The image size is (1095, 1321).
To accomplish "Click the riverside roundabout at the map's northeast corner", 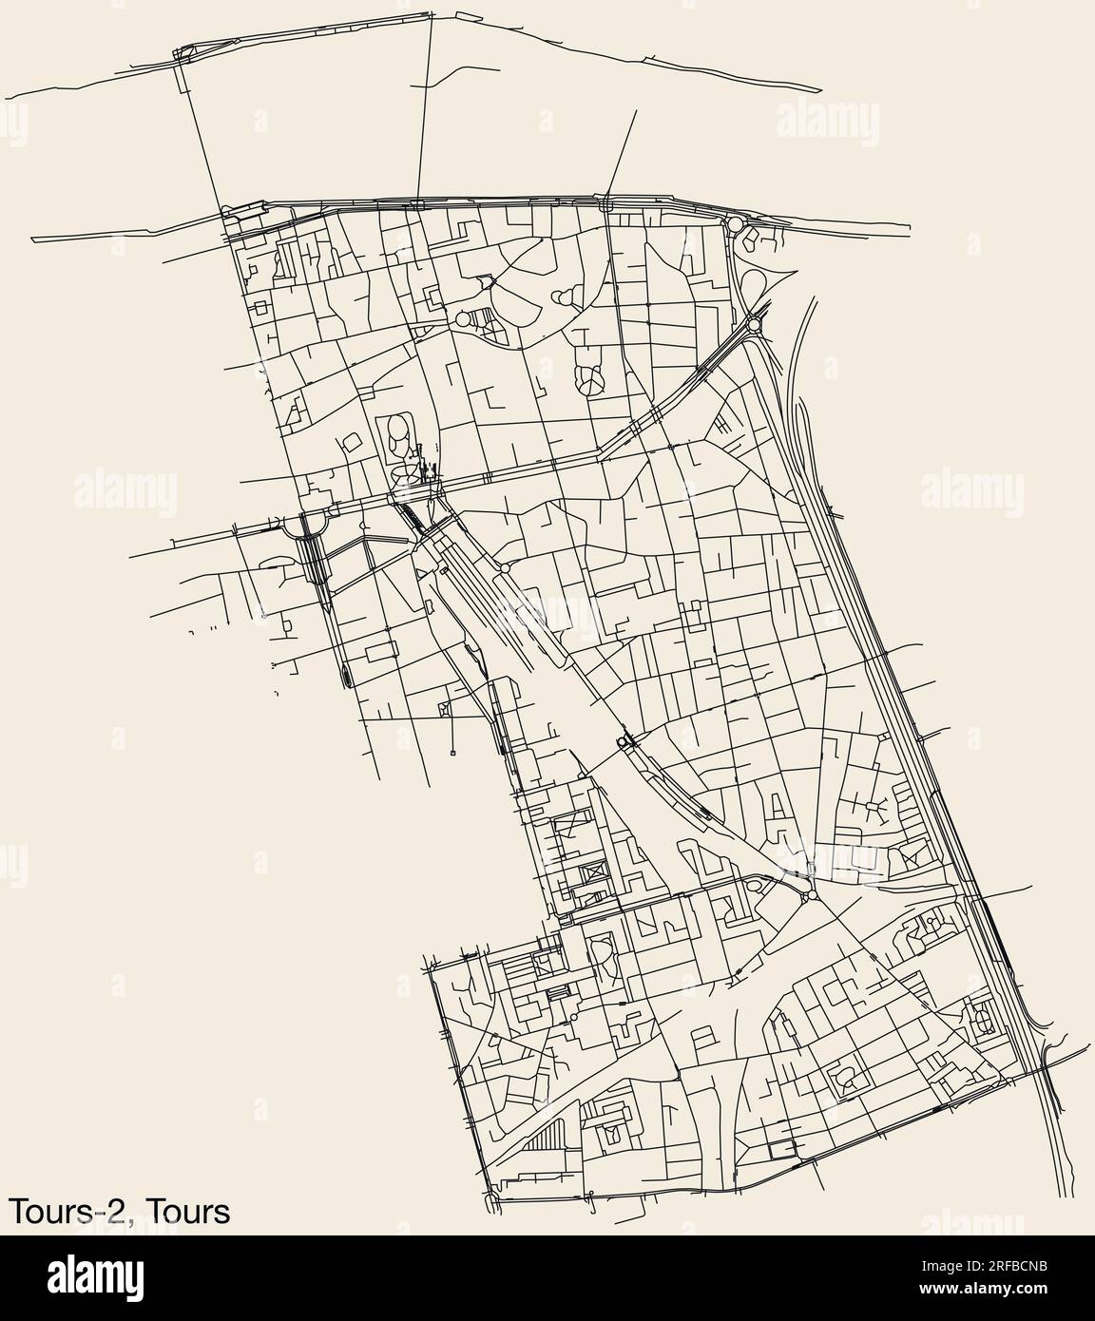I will pos(735,224).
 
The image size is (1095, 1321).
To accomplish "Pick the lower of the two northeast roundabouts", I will pos(755,326).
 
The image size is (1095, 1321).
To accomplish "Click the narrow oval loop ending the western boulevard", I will pos(345,674).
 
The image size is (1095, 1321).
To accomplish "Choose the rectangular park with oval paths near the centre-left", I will pos(395,438).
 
